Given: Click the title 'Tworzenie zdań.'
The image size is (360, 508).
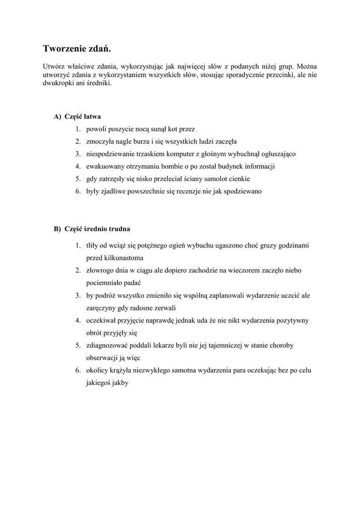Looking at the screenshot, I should pos(77,49).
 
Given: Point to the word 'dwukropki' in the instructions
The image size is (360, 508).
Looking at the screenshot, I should pos(58,84).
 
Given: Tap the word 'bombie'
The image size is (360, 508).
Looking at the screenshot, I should pos(173,166).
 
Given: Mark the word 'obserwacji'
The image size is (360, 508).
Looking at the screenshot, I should pos(103,358).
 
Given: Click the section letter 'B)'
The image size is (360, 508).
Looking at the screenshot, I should pos(58,229).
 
